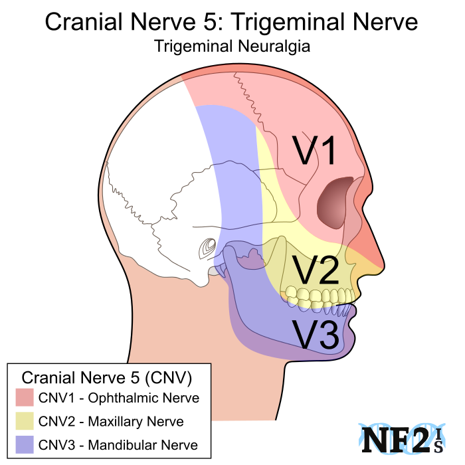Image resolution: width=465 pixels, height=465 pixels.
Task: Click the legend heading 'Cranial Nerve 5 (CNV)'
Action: [x=108, y=377]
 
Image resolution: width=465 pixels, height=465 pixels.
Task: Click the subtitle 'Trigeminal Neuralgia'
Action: [x=232, y=47]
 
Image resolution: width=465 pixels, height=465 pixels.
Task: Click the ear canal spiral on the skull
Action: [x=207, y=249]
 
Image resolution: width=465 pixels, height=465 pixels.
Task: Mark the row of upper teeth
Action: [x=319, y=294]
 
